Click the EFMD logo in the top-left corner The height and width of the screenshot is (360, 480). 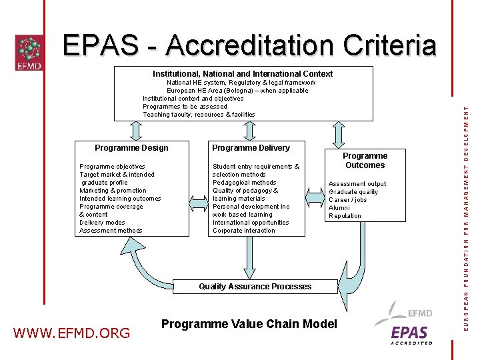(x=29, y=53)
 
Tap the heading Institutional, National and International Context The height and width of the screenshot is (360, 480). (x=243, y=74)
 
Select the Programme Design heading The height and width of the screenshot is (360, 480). (x=131, y=148)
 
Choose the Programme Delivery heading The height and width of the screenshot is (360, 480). (x=251, y=148)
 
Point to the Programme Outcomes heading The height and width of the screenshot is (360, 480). (x=365, y=161)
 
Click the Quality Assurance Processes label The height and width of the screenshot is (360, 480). (x=255, y=287)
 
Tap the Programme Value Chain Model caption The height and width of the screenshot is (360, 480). (x=249, y=324)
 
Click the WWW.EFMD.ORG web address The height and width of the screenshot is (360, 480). (x=72, y=332)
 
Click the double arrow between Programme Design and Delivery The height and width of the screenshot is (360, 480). (x=199, y=201)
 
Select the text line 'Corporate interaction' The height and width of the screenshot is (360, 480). (x=243, y=231)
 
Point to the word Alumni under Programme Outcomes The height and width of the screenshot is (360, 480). (x=339, y=208)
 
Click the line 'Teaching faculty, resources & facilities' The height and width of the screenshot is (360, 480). (x=199, y=115)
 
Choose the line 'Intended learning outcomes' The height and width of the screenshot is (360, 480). (x=120, y=199)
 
